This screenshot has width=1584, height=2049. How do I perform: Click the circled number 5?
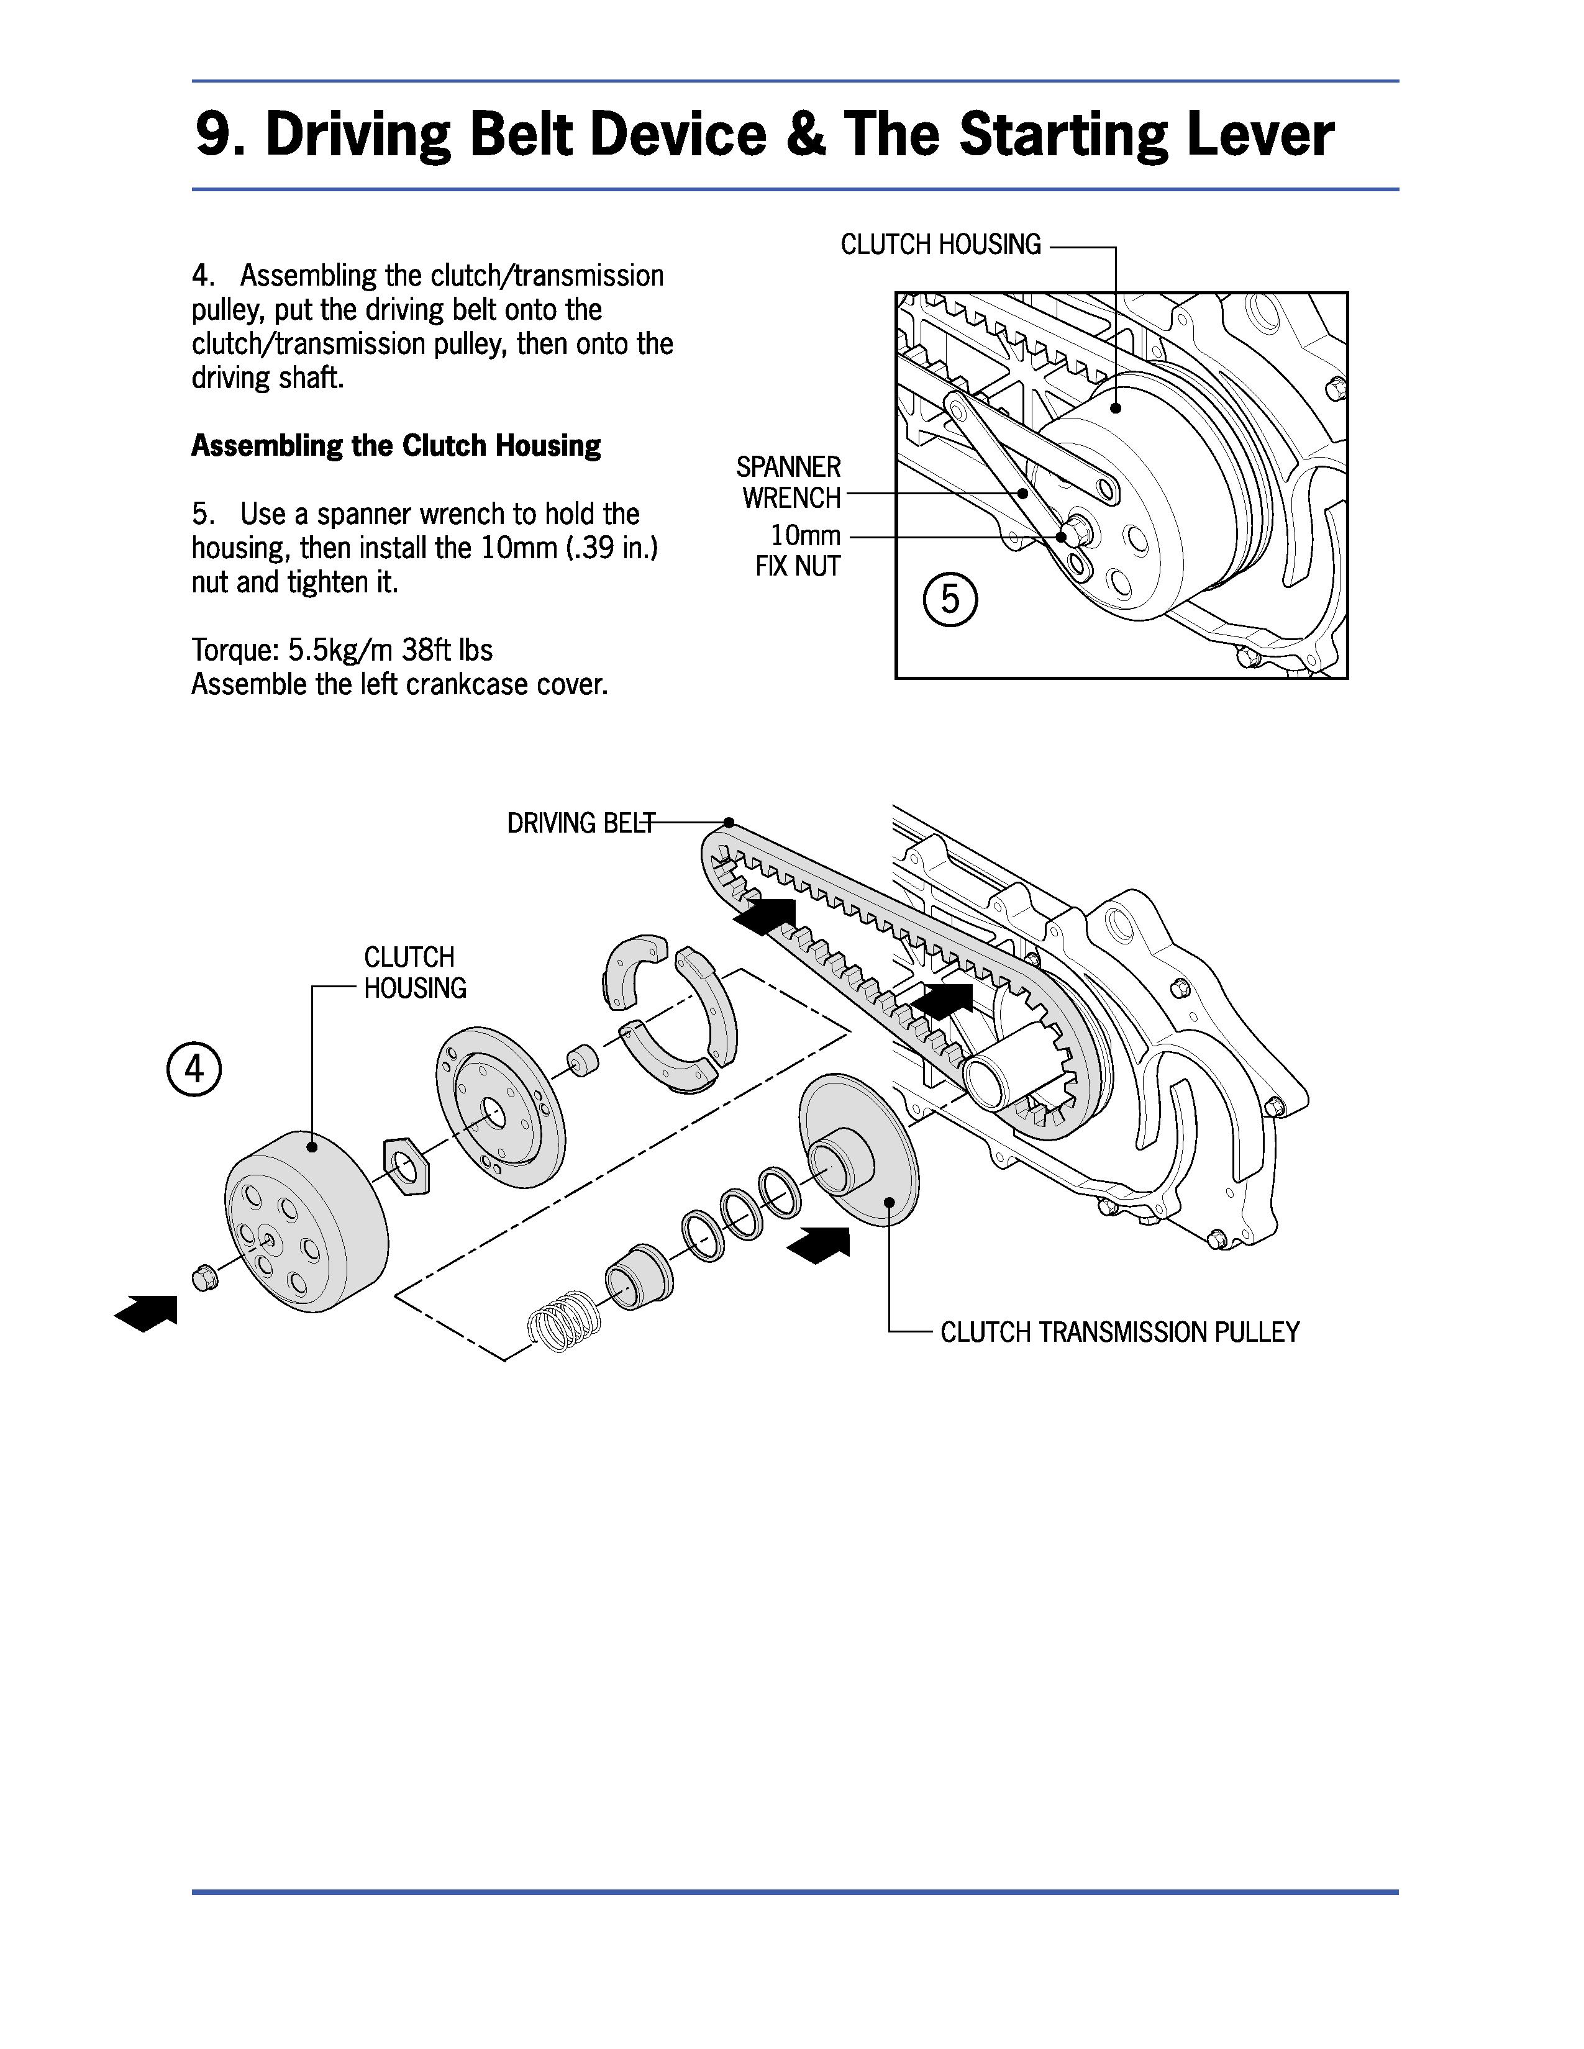coord(950,599)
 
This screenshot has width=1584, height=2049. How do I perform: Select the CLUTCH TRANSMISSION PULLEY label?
coord(1119,1332)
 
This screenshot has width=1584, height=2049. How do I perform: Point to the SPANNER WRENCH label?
coord(789,482)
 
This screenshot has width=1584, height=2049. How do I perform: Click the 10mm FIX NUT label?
coord(799,551)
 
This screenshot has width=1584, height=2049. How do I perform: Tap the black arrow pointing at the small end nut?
coord(145,1313)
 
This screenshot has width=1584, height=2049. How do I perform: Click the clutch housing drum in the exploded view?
coord(306,1221)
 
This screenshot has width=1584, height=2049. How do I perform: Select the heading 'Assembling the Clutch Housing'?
coord(396,445)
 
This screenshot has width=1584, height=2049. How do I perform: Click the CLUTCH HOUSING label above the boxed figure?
coord(940,245)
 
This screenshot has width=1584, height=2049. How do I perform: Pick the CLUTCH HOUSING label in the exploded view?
coord(415,973)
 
